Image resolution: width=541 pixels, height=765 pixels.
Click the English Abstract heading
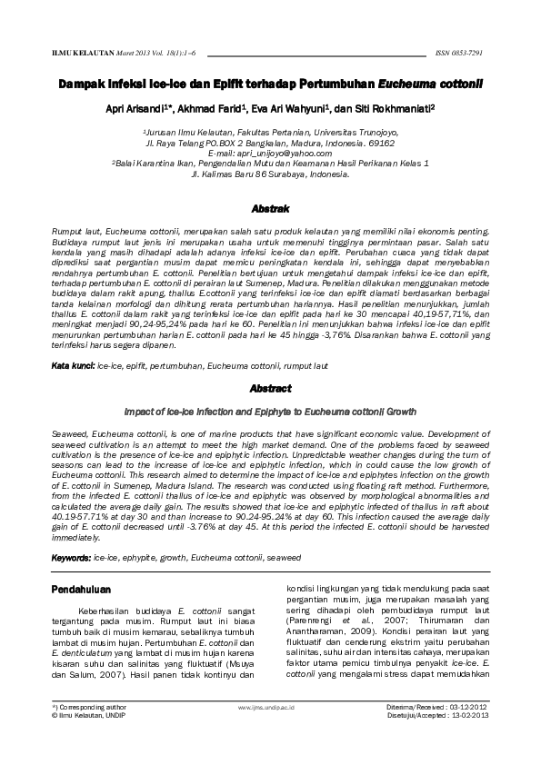(270, 389)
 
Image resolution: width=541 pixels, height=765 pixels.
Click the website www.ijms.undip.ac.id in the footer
(269, 705)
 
